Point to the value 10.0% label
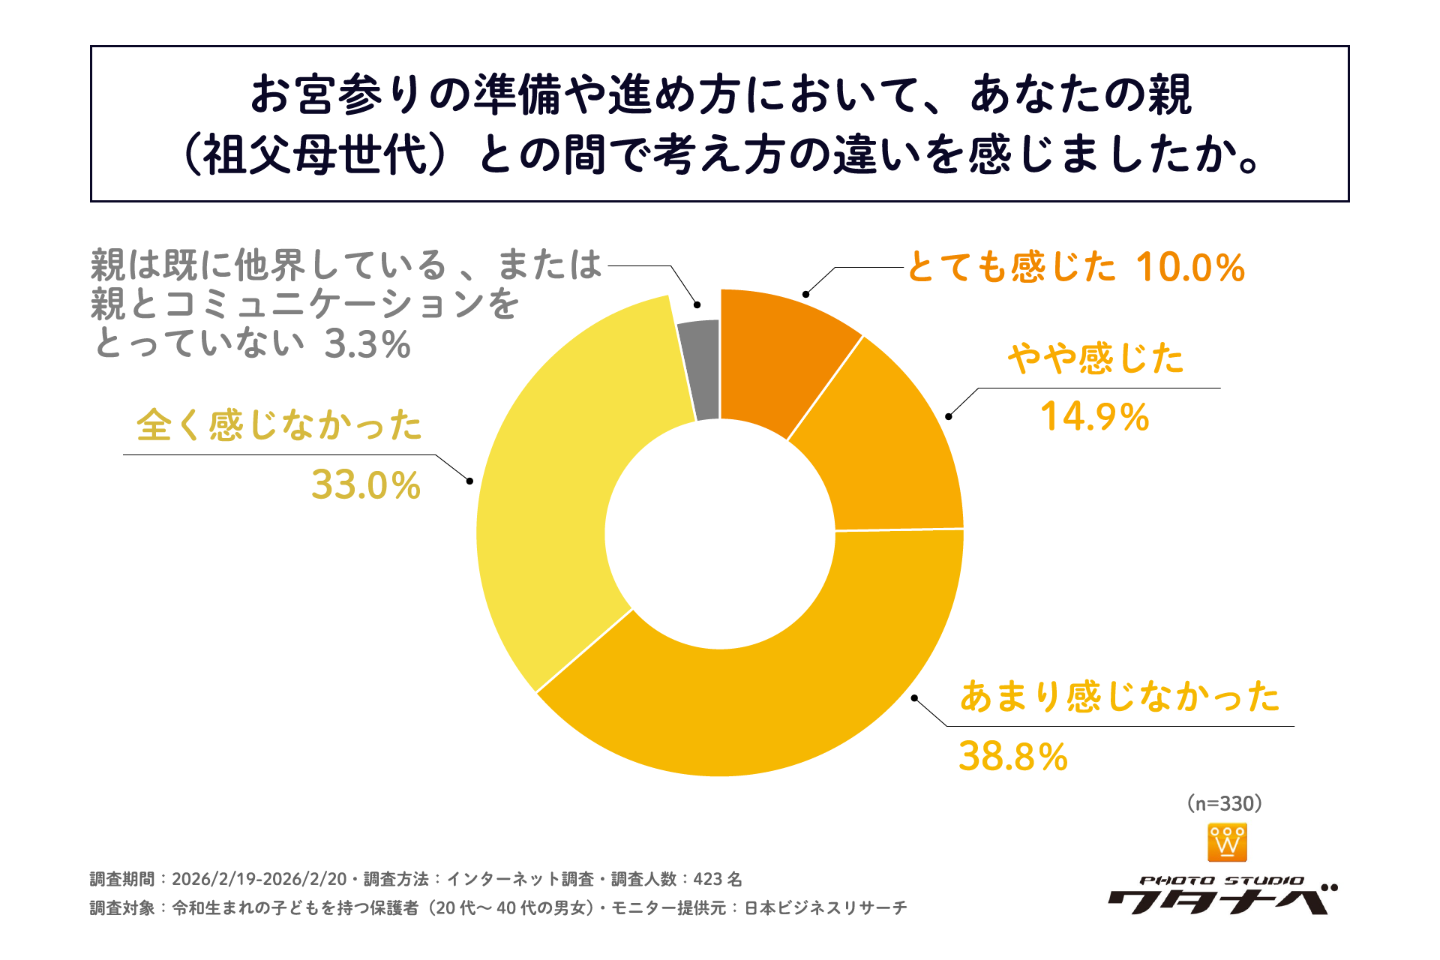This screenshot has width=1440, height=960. pyautogui.click(x=1190, y=268)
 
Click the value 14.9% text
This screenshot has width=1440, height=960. pyautogui.click(x=1094, y=417)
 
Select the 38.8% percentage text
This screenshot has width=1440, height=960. pyautogui.click(x=1013, y=756)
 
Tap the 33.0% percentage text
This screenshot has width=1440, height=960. pyautogui.click(x=366, y=485)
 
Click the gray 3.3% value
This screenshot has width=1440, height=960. pyautogui.click(x=367, y=345)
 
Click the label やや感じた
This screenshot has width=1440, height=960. pyautogui.click(x=1096, y=358)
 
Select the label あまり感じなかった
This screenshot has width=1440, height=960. pyautogui.click(x=1120, y=697)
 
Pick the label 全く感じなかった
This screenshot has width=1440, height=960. pyautogui.click(x=279, y=425)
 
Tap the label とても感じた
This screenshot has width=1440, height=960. pyautogui.click(x=1012, y=268)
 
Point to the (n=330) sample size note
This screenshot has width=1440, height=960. pyautogui.click(x=1225, y=804)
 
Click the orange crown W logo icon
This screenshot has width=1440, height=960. pyautogui.click(x=1227, y=843)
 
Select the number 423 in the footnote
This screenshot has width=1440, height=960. pyautogui.click(x=707, y=879)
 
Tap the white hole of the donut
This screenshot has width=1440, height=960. pyautogui.click(x=720, y=533)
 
